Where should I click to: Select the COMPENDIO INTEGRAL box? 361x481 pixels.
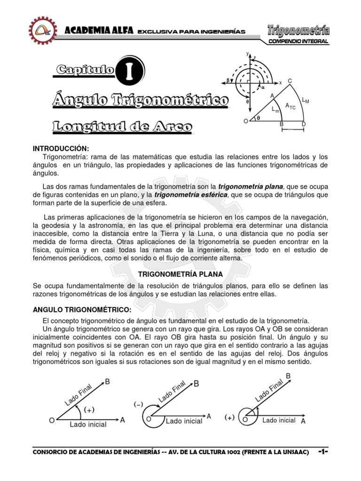pyautogui.click(x=298, y=42)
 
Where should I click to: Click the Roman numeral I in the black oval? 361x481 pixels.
pyautogui.click(x=129, y=70)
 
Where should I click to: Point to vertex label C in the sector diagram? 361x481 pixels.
pyautogui.click(x=290, y=81)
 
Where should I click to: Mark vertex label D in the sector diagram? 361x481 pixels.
pyautogui.click(x=303, y=124)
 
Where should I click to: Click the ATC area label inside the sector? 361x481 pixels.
pyautogui.click(x=291, y=107)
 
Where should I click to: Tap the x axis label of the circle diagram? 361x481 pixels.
pyautogui.click(x=281, y=82)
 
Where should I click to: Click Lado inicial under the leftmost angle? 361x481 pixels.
pyautogui.click(x=88, y=424)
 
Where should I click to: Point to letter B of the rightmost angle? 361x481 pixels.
pyautogui.click(x=288, y=376)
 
